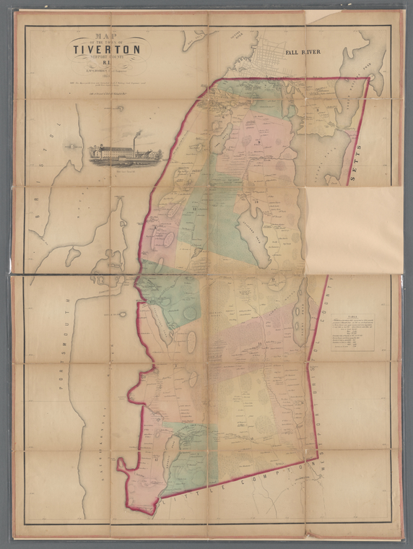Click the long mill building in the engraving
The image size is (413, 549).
click(116, 153)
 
